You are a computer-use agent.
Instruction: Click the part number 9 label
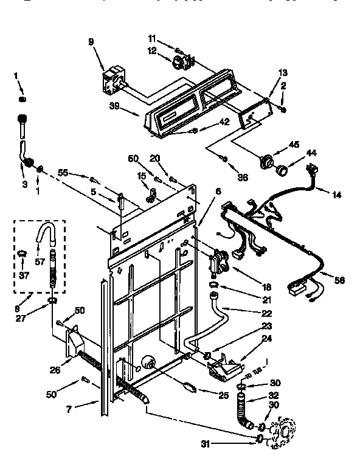[x=91, y=42]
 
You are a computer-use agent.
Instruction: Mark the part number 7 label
[x=69, y=409]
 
